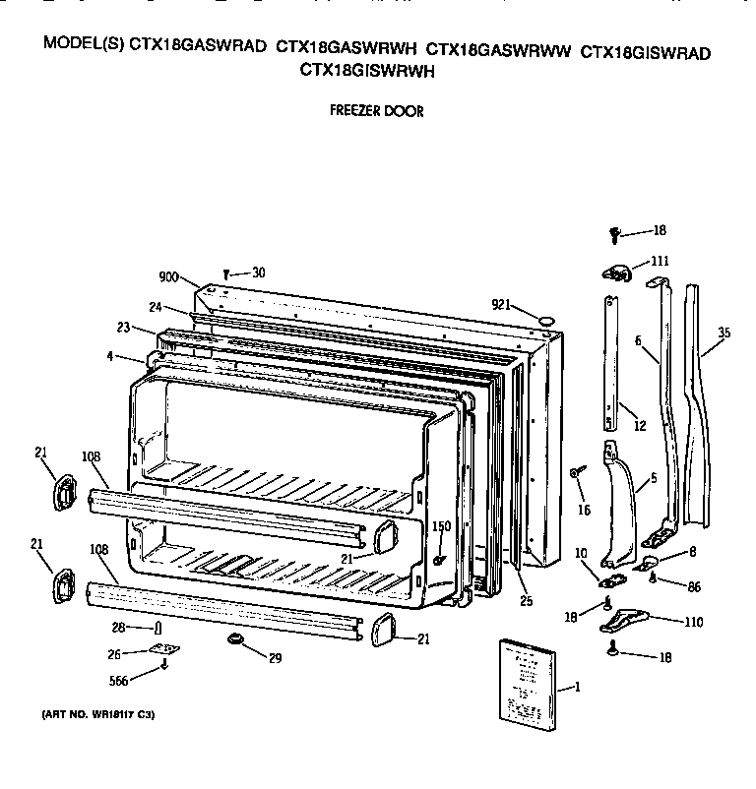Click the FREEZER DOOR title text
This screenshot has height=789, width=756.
(377, 112)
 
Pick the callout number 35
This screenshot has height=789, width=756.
(724, 334)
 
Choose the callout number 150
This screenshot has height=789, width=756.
(441, 527)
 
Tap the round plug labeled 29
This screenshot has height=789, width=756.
(235, 641)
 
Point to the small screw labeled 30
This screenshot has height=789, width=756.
(227, 274)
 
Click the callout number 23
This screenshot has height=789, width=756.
(123, 329)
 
